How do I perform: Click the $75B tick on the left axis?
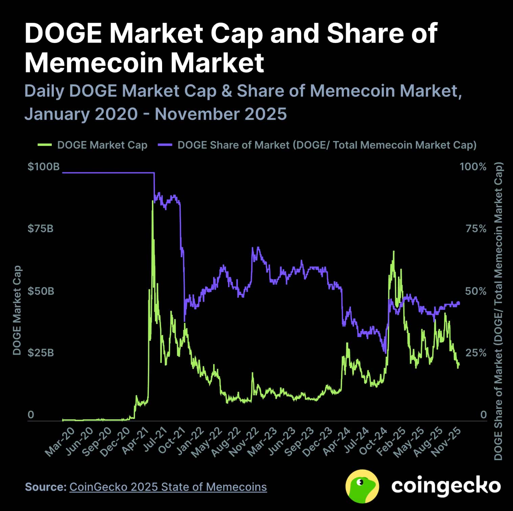pos(40,229)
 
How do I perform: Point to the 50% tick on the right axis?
pos(475,291)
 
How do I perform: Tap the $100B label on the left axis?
pos(43,166)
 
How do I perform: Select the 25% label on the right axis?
pos(475,353)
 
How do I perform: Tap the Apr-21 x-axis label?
pos(136,441)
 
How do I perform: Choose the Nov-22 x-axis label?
pos(244,442)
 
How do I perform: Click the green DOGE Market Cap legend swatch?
pos(44,145)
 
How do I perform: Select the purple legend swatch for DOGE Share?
pos(165,145)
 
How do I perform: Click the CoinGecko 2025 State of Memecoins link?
pos(168,487)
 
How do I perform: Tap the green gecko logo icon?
pos(362,486)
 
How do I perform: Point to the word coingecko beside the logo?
pos(446,486)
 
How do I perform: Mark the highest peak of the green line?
pos(153,201)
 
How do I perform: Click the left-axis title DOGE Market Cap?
pos(17,310)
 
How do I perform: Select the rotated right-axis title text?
pos(498,311)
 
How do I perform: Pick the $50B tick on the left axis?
pos(41,291)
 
